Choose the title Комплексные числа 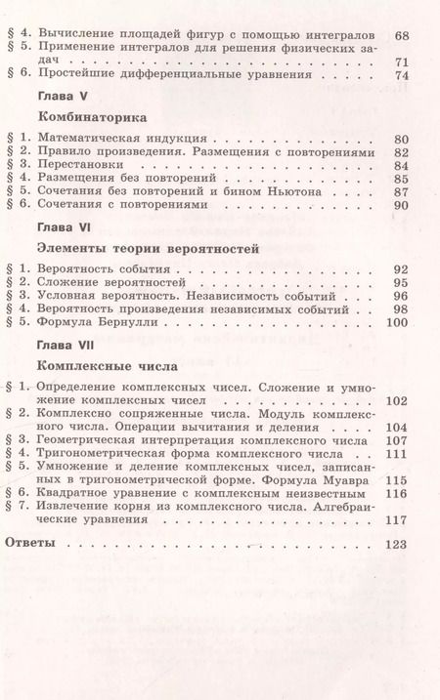point(90,367)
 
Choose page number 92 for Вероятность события point(400,269)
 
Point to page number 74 point(400,75)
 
